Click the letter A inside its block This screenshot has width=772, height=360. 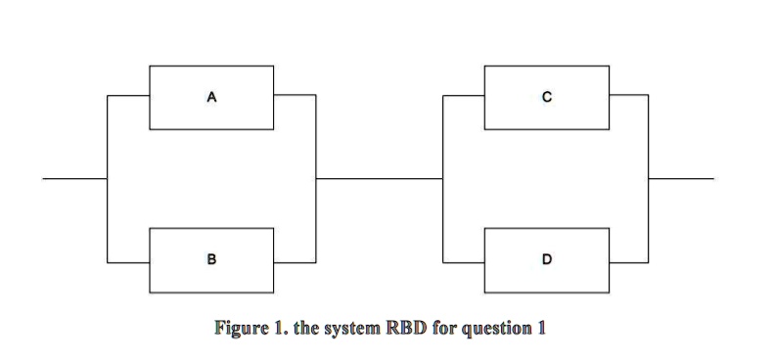(210, 97)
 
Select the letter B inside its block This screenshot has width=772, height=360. (210, 260)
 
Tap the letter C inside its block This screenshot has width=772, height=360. (547, 97)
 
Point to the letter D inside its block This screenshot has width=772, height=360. (547, 260)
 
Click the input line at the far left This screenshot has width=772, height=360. (74, 179)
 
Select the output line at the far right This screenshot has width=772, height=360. (681, 179)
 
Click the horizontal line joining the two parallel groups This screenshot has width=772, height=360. (379, 179)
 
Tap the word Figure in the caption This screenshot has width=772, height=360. (241, 327)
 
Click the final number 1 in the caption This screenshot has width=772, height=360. (540, 327)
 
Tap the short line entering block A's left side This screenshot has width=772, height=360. (127, 96)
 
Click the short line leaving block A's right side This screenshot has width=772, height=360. (295, 96)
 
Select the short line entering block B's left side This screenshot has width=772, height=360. (127, 261)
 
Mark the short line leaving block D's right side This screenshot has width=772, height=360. (628, 261)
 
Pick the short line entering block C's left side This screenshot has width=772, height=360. (464, 96)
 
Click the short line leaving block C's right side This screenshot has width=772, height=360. (628, 96)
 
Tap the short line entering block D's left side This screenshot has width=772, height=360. (464, 261)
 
